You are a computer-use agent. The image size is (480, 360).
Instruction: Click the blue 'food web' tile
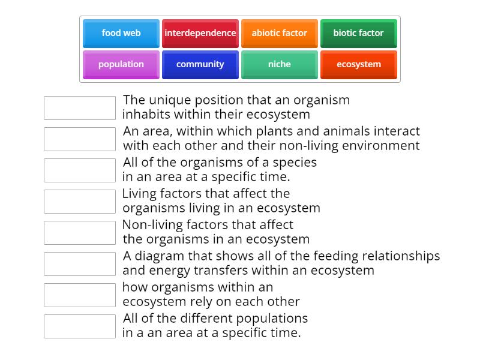(x=121, y=34)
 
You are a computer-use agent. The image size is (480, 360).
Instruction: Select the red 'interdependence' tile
(x=200, y=34)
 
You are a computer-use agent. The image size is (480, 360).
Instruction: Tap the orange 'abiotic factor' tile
(x=280, y=34)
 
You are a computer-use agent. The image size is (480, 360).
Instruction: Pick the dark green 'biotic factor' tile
(x=358, y=34)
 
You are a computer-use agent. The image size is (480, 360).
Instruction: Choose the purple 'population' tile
(x=121, y=65)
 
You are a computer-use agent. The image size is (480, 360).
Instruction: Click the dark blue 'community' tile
(x=200, y=65)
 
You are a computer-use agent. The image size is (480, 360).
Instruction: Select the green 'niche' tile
(x=280, y=65)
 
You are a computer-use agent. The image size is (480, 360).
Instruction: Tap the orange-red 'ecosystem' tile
(x=358, y=65)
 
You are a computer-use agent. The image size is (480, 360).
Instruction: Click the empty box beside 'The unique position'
(x=80, y=108)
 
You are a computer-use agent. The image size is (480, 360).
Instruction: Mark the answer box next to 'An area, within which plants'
(x=80, y=139)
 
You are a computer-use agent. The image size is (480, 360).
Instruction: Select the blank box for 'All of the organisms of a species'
(x=80, y=170)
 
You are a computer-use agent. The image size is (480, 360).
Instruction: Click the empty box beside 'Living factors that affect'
(x=80, y=202)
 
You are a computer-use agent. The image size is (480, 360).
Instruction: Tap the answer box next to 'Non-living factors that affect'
(x=80, y=233)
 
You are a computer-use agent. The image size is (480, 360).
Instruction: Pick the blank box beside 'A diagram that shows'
(x=80, y=264)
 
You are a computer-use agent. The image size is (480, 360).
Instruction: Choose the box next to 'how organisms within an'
(x=80, y=295)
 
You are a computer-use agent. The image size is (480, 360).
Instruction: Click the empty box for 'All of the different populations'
(x=80, y=326)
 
